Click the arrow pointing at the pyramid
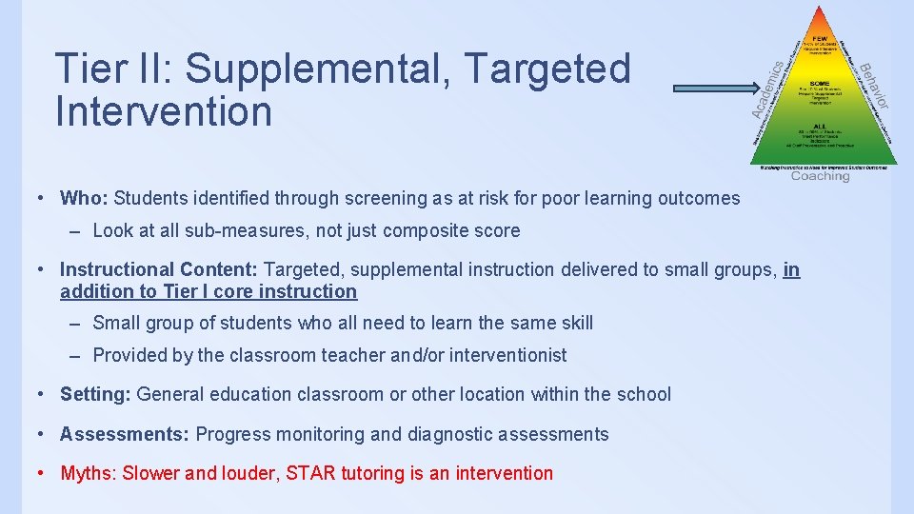click(x=714, y=88)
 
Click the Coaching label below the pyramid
click(x=820, y=176)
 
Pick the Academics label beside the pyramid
click(x=769, y=90)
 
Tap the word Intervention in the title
click(x=164, y=110)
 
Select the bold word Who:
click(x=84, y=198)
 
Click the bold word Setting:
click(x=95, y=394)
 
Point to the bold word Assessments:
click(x=125, y=434)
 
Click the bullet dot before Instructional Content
click(x=41, y=270)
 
